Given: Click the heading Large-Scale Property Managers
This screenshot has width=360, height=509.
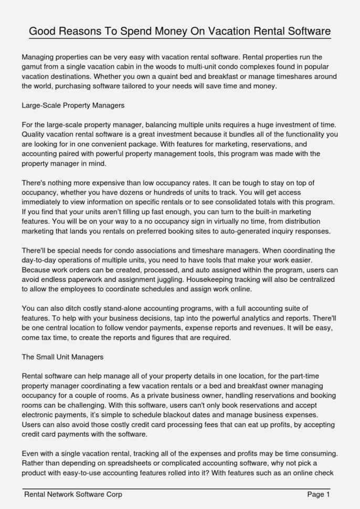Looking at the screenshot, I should (x=73, y=105).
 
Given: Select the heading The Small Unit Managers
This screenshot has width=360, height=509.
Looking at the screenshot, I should (x=63, y=357).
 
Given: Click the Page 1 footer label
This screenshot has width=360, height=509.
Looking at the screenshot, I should (x=318, y=494).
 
